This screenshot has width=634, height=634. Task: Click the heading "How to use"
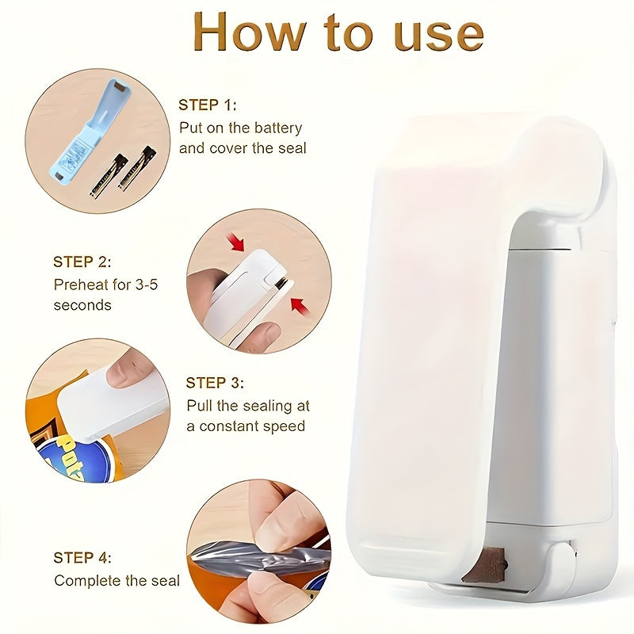coord(338,32)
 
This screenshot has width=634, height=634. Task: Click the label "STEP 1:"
coord(207,105)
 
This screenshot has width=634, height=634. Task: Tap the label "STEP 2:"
coord(82,262)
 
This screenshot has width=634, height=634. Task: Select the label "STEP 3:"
coord(215,383)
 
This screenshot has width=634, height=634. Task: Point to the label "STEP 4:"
coord(82,557)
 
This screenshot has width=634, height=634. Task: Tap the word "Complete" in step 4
coord(87,581)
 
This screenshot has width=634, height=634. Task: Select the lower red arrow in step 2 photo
coord(299,304)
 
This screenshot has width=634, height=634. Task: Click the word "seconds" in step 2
coord(82,305)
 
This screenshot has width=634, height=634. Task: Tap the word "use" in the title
coord(431,32)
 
